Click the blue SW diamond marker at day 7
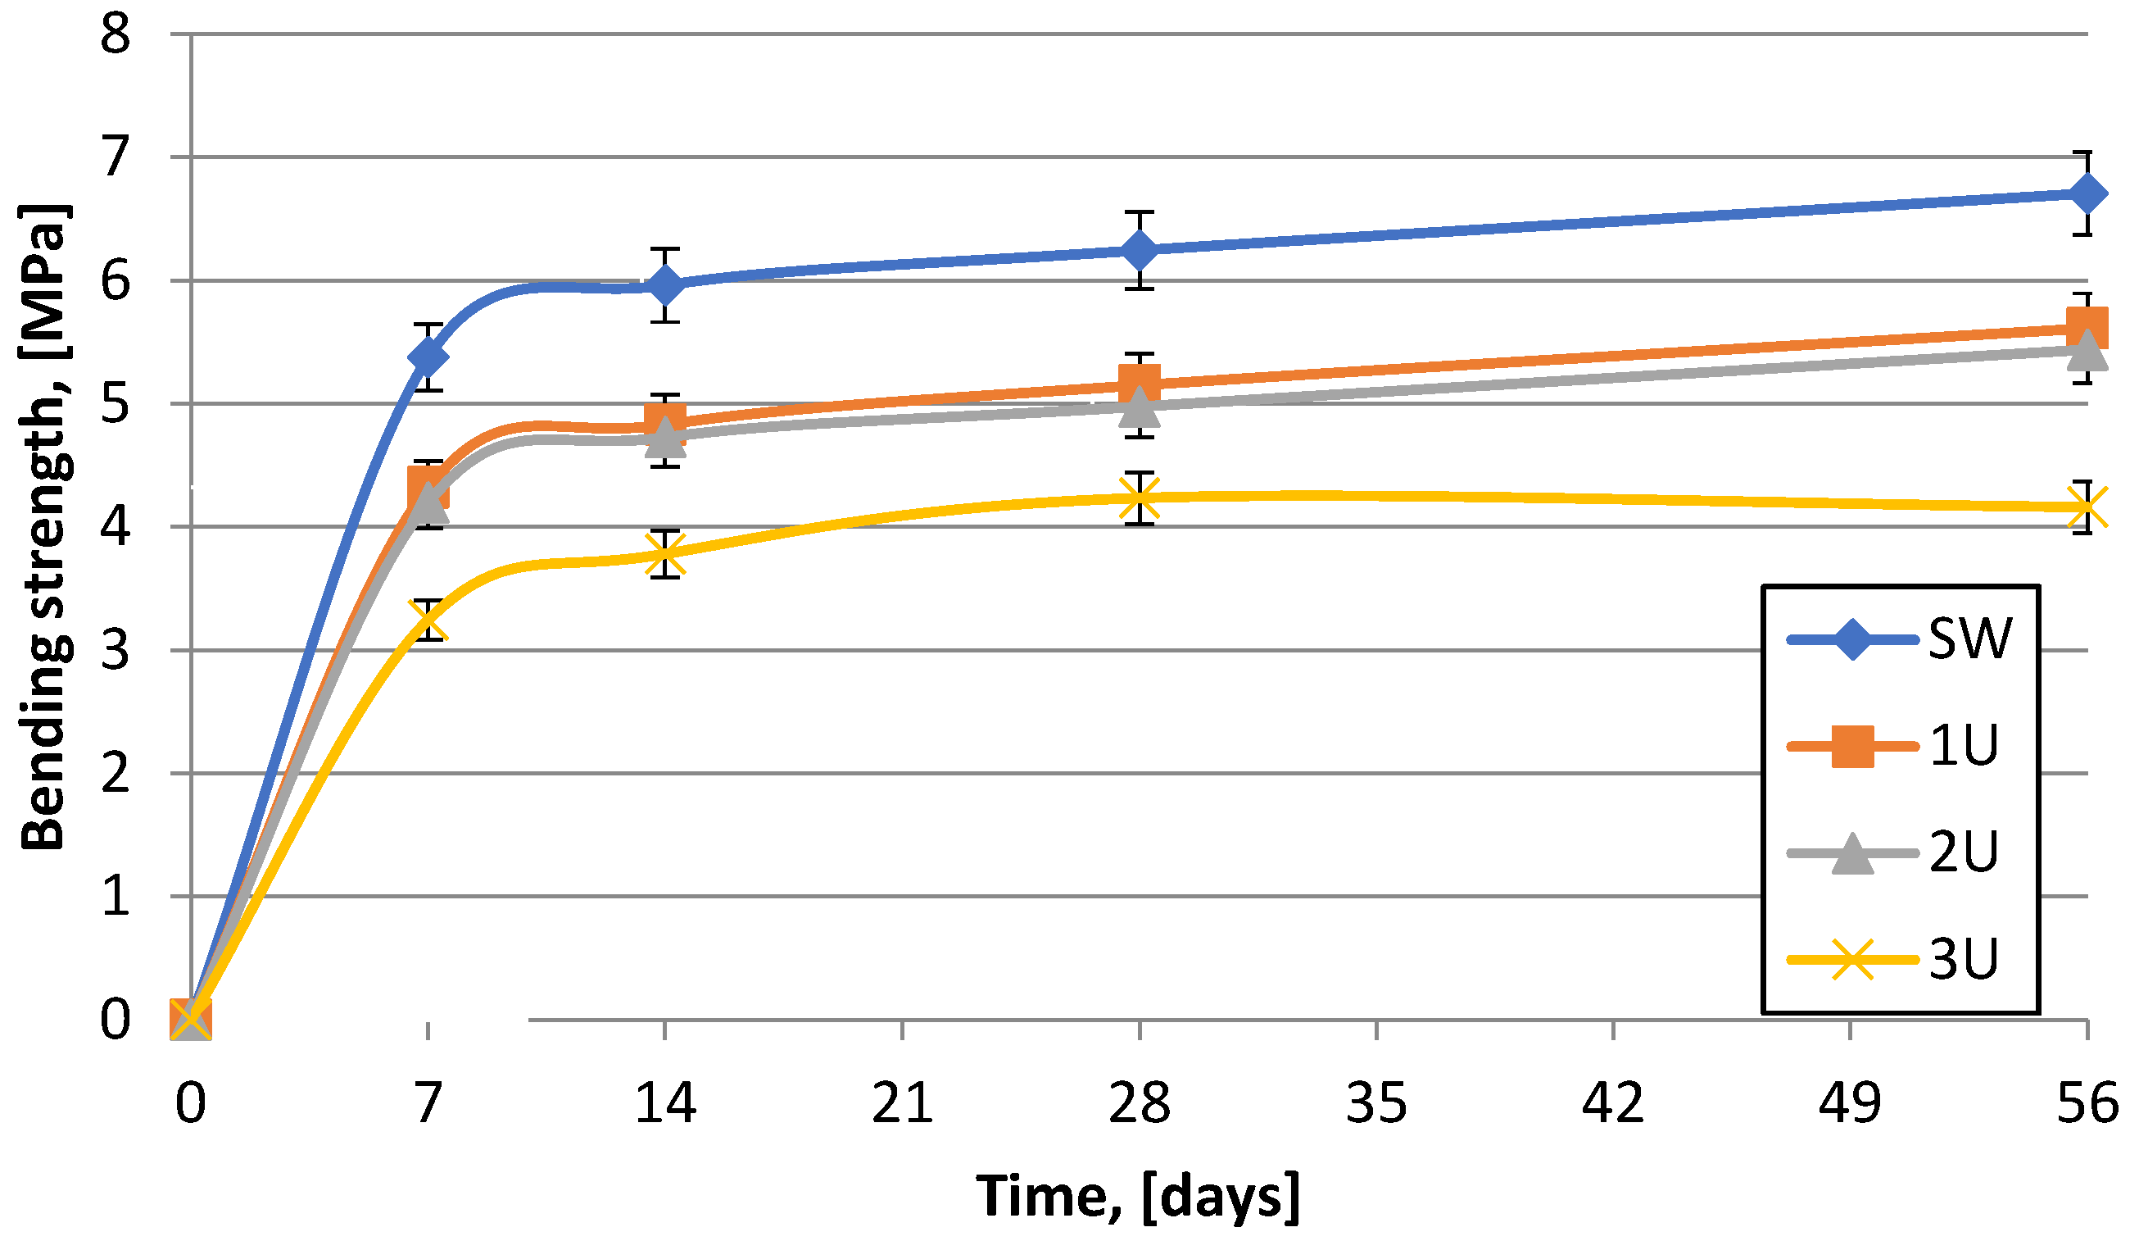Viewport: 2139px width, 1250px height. pyautogui.click(x=428, y=357)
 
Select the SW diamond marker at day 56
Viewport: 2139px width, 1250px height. pyautogui.click(x=2087, y=193)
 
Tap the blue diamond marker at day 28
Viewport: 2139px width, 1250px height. pyautogui.click(x=1139, y=251)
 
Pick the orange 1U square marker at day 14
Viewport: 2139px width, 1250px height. pyautogui.click(x=664, y=420)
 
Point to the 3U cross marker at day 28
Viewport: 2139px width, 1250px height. pyautogui.click(x=1139, y=498)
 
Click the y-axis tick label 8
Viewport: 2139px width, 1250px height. pyautogui.click(x=116, y=36)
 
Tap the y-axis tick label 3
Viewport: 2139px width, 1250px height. pyautogui.click(x=116, y=652)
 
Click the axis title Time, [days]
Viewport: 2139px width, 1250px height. pyautogui.click(x=1137, y=1196)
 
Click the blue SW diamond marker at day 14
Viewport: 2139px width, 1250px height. pyautogui.click(x=664, y=285)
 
